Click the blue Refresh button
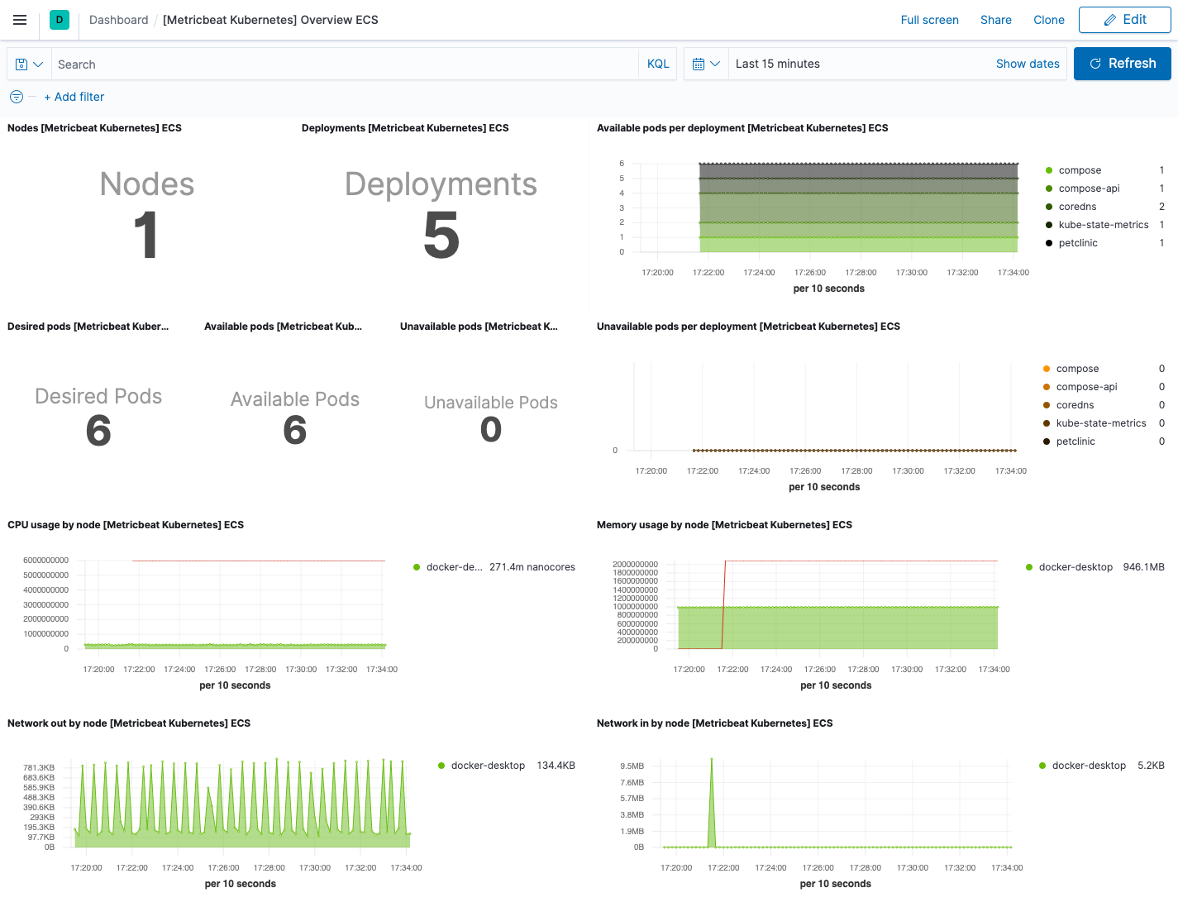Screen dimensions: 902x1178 [x=1122, y=64]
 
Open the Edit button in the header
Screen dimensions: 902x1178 [x=1124, y=20]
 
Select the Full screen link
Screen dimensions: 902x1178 [x=929, y=20]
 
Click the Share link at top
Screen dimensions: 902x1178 [x=995, y=20]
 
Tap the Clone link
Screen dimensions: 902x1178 [x=1048, y=20]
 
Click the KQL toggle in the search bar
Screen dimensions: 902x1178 [x=658, y=64]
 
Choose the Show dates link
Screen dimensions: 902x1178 [x=1027, y=64]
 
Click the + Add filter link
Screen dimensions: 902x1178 [x=74, y=97]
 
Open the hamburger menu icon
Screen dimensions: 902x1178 [x=20, y=20]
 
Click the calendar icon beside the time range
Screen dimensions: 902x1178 [x=699, y=64]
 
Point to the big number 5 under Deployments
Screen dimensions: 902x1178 [x=441, y=236]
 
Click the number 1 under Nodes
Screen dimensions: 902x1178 [x=146, y=236]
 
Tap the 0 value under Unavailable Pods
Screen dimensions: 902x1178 [x=491, y=429]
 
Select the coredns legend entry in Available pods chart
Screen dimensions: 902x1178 [x=1077, y=207]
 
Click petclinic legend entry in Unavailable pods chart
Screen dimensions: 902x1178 [x=1075, y=441]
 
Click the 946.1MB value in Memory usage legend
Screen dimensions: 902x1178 [x=1143, y=567]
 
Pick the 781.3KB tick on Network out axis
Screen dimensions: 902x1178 [x=39, y=767]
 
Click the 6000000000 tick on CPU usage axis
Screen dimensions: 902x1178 [x=45, y=561]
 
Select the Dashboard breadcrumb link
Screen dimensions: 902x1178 [x=118, y=20]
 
